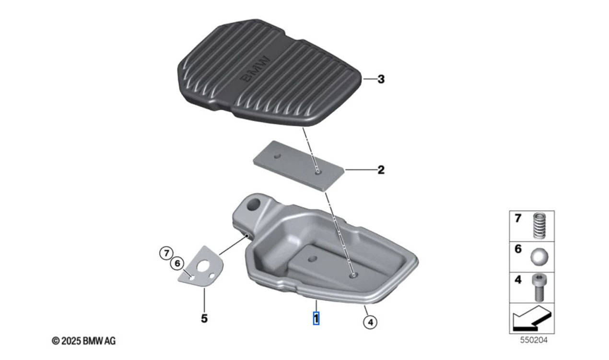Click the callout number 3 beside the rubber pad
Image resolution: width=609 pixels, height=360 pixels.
coord(381,79)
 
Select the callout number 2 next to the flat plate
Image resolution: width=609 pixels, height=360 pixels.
coord(381,170)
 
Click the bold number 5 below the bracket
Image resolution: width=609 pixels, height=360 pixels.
coord(204,318)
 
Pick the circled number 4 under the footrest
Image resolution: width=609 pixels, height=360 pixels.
coord(370,322)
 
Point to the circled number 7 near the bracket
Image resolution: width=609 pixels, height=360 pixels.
coord(166,254)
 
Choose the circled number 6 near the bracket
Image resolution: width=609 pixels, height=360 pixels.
coord(177,263)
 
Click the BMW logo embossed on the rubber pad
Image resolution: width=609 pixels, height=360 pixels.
coord(255,70)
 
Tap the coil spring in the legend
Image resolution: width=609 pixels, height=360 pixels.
coord(539,226)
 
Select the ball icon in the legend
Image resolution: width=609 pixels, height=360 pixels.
coord(539,256)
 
